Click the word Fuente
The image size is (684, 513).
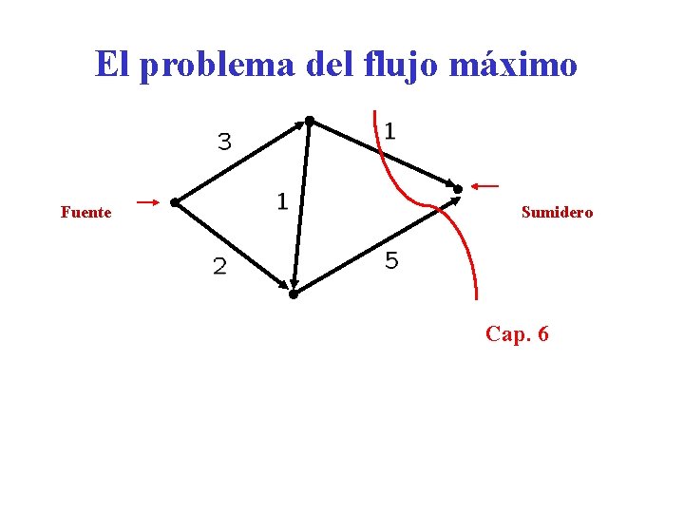pyautogui.click(x=85, y=213)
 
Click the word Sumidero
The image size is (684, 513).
pyautogui.click(x=557, y=213)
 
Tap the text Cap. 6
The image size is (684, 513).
pyautogui.click(x=517, y=334)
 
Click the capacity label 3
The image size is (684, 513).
pyautogui.click(x=224, y=142)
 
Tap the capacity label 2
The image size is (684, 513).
pyautogui.click(x=219, y=268)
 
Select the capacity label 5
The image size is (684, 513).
pyautogui.click(x=391, y=260)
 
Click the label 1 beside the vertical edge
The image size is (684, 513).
pyautogui.click(x=281, y=200)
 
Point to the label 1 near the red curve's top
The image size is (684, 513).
pyautogui.click(x=390, y=130)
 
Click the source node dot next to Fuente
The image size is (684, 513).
pyautogui.click(x=175, y=202)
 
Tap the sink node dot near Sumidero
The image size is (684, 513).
pyautogui.click(x=457, y=189)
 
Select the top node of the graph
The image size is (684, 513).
pyautogui.click(x=309, y=121)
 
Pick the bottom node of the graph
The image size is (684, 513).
pyautogui.click(x=294, y=294)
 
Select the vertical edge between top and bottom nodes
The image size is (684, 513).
pyautogui.click(x=302, y=204)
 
